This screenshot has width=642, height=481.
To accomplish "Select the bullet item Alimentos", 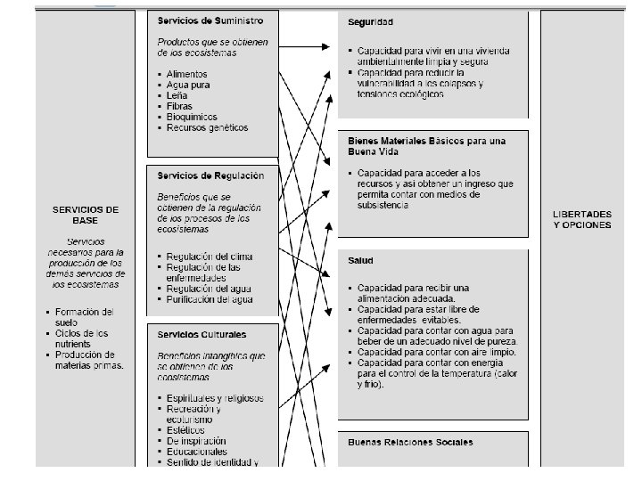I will coord(188,74).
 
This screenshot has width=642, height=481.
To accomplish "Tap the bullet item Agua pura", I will coord(189,85).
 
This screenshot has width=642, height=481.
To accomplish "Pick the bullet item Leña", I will coord(179,95).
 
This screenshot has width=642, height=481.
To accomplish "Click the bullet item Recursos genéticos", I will coord(207,127).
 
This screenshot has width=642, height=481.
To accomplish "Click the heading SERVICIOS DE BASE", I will coord(86,215).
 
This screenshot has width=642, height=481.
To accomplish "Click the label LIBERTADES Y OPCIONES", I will coord(581,219).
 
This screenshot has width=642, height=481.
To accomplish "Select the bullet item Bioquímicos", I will coord(193,117).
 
